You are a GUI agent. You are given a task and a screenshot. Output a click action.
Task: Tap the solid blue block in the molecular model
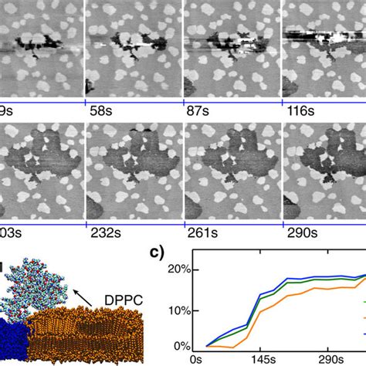click(x=12, y=340)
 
